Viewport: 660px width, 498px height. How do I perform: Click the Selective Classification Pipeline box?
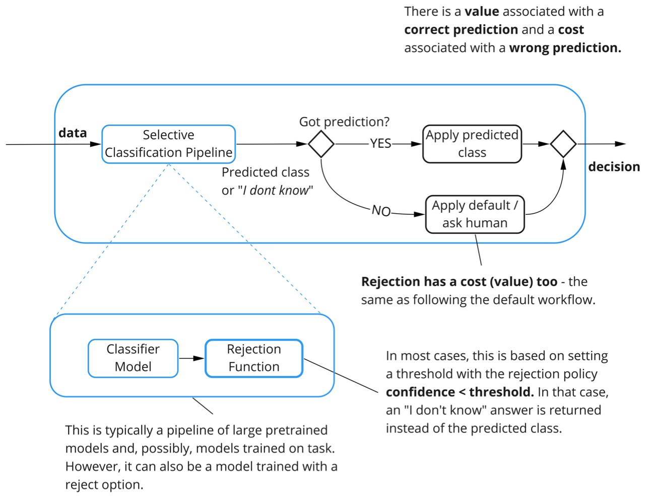tap(168, 144)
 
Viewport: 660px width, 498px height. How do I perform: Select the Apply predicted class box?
tap(472, 144)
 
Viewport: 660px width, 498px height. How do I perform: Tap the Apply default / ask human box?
tap(475, 214)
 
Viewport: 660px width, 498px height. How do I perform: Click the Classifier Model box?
tap(133, 358)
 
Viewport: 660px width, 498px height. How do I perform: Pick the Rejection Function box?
tap(254, 358)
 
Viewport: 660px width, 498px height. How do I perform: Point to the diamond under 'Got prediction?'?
tap(321, 144)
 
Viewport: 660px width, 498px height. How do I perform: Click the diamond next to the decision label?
tap(563, 144)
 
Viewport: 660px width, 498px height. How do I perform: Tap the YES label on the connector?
tap(380, 144)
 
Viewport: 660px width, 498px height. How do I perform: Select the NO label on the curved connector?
tap(381, 211)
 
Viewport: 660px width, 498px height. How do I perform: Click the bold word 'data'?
tap(73, 133)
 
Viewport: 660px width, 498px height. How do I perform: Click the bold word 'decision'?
tap(614, 167)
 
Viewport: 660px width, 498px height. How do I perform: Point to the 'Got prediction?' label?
tap(344, 122)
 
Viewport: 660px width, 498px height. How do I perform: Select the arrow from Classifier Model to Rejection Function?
tap(191, 358)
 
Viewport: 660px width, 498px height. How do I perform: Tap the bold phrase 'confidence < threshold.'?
tap(459, 392)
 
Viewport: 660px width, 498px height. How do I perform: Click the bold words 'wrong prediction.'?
tap(565, 48)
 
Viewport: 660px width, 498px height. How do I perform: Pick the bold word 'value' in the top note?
tap(482, 12)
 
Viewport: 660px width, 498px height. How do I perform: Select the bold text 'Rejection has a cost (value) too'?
tap(459, 282)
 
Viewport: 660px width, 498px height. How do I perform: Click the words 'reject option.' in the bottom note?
tap(104, 485)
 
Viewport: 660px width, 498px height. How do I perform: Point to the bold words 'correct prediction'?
tap(460, 30)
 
